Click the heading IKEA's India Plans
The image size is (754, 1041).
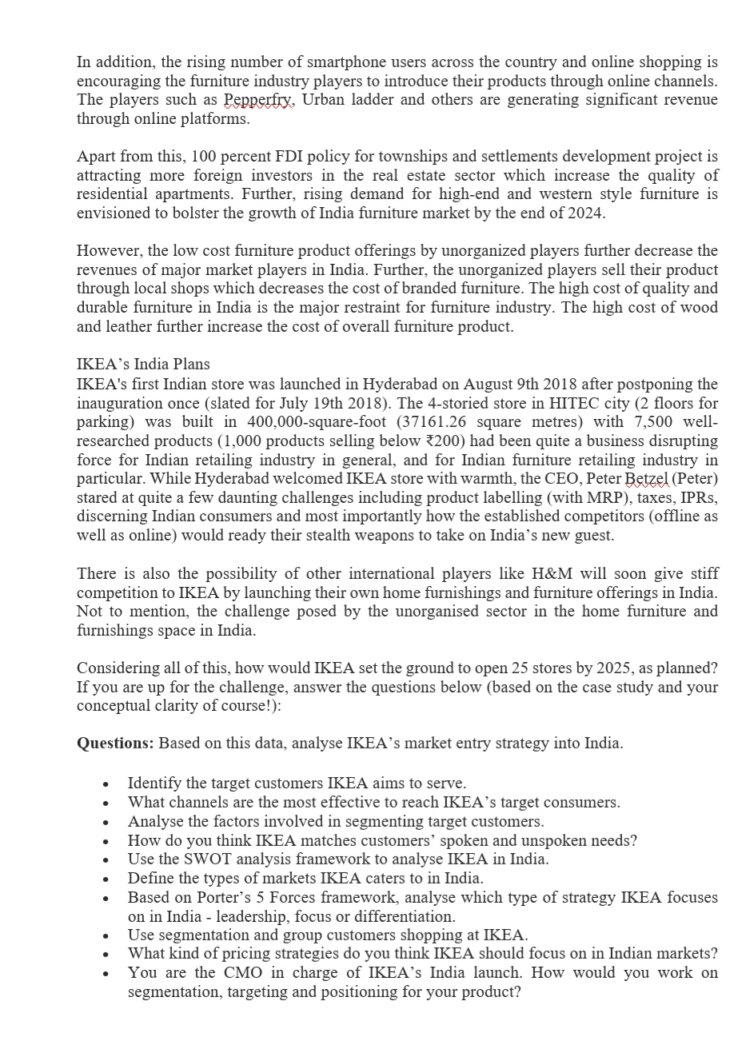tap(143, 365)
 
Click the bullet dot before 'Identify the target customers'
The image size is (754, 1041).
tap(105, 784)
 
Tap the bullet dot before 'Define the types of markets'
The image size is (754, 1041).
tap(105, 879)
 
